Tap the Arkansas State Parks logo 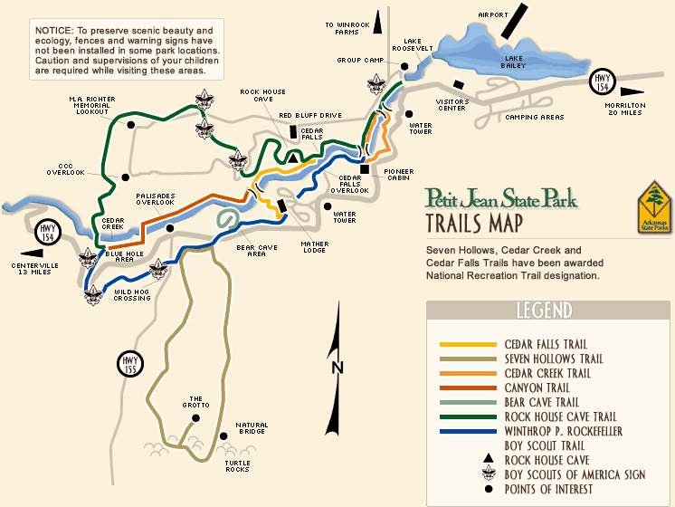click(655, 206)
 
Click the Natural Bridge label click(252, 428)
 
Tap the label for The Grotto click(198, 401)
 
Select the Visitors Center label click(452, 104)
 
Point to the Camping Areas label click(534, 117)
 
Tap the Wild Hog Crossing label click(132, 295)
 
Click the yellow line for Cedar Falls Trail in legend click(468, 344)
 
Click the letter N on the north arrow click(337, 367)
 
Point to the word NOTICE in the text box click(54, 31)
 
